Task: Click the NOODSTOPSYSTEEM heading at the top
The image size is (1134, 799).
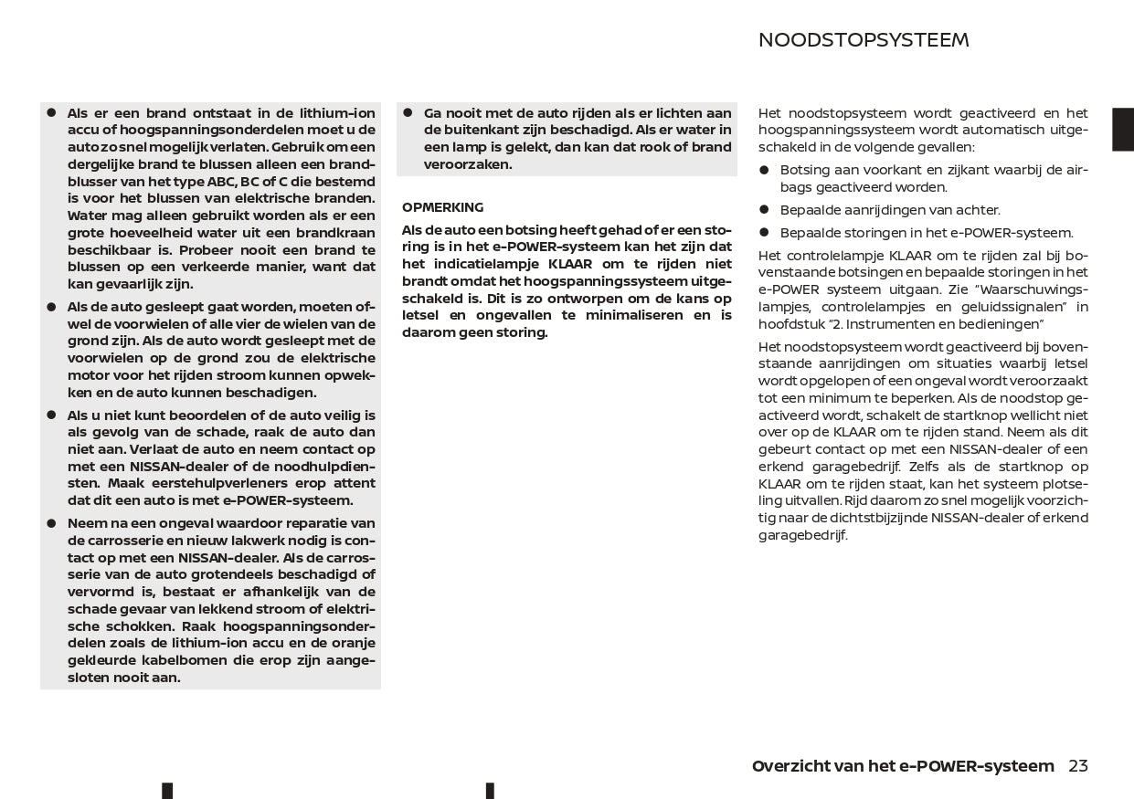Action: (863, 40)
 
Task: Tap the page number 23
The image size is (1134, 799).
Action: (1078, 766)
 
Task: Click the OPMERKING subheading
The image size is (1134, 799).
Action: (442, 207)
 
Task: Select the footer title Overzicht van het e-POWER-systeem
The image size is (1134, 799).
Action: (902, 766)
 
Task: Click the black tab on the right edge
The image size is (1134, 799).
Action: (1122, 129)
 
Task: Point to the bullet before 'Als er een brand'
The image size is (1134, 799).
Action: (52, 113)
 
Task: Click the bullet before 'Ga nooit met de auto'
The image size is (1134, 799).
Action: (408, 113)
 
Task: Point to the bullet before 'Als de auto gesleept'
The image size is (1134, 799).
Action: (52, 307)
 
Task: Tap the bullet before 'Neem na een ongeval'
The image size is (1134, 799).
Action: (52, 523)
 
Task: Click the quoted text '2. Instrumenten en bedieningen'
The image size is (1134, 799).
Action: (936, 324)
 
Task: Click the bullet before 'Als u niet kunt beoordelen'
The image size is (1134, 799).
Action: (52, 415)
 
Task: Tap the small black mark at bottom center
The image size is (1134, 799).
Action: (490, 791)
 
